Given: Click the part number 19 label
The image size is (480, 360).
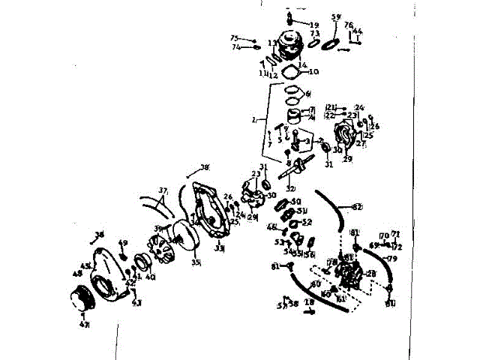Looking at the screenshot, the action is point(313,25).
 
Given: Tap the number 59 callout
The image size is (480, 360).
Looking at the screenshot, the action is point(336,16).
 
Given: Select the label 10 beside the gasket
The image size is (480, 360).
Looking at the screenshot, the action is point(313,72).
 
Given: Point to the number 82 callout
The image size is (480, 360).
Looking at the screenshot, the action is point(357,206).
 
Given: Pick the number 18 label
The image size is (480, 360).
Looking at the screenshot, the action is point(309,302).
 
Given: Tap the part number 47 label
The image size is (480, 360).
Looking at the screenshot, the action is point(84,325).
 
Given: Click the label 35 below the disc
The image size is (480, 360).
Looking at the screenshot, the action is point(196,263).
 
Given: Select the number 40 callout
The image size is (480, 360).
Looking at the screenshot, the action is point(150,277).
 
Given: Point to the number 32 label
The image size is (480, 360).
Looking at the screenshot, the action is point(290,188).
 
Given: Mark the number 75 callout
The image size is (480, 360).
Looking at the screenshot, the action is point(234,38).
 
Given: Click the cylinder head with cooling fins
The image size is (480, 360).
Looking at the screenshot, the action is point(288,43).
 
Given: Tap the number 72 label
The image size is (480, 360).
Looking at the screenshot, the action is point(397,246).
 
